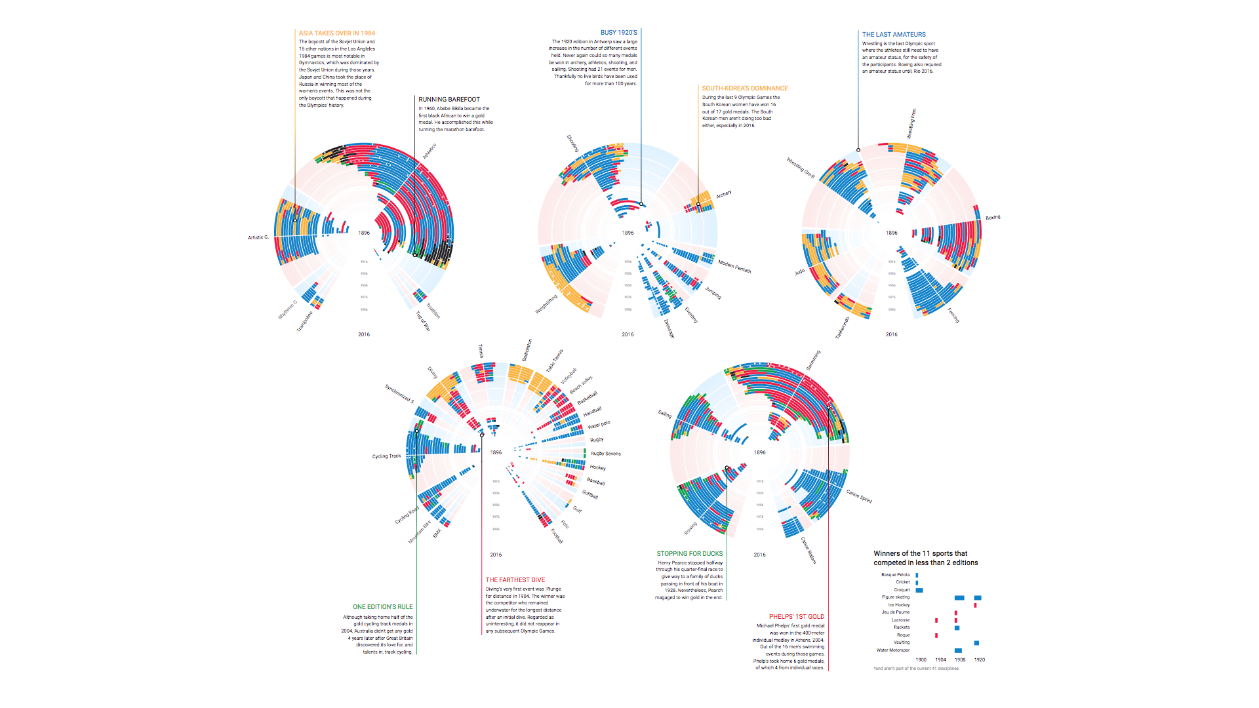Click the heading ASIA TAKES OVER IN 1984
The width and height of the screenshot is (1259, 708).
point(336,33)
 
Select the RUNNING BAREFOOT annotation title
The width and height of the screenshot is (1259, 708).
point(449,100)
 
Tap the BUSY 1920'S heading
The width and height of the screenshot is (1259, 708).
point(618,32)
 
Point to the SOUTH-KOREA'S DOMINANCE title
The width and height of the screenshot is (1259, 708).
point(745,88)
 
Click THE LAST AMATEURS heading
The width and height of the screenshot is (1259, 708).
point(894,34)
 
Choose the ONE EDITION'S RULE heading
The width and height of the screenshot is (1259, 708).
point(382,607)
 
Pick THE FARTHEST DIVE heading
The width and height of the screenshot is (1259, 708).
point(515,580)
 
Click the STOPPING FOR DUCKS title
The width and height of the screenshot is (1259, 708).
point(689,554)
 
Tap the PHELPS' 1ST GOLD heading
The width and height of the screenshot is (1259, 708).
point(796,617)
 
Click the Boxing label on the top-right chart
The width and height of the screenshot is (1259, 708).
point(993,218)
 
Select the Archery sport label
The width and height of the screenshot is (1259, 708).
point(723,195)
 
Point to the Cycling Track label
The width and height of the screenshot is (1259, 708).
point(386,456)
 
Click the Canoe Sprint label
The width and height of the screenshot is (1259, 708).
point(858,496)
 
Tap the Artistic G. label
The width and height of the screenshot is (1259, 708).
point(258,237)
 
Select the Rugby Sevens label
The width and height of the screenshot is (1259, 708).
point(605,454)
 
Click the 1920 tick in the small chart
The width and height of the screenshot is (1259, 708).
point(979,660)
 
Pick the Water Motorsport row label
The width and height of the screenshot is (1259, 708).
point(892,650)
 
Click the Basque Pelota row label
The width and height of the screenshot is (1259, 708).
point(895,575)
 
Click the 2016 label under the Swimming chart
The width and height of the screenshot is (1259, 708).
point(759,555)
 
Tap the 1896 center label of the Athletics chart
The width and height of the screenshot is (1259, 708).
point(364,233)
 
